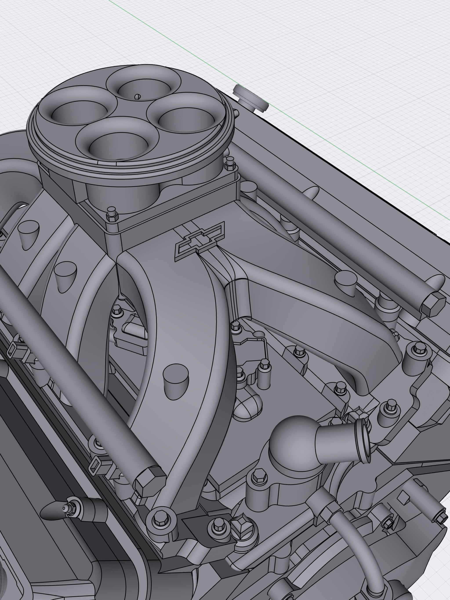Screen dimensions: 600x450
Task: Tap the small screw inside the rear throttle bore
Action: (138, 96)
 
